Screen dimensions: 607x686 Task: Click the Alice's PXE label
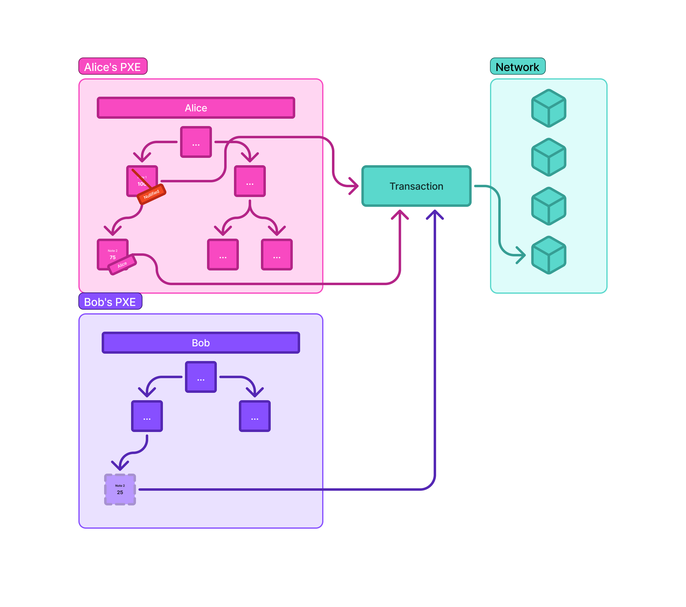point(112,66)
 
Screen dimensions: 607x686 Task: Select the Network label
point(517,66)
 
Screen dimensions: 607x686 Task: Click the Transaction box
point(416,186)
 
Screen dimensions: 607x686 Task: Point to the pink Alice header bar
point(196,108)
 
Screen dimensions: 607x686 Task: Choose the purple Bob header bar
point(200,342)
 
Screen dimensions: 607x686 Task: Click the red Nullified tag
point(151,194)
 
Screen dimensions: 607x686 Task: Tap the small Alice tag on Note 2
point(122,265)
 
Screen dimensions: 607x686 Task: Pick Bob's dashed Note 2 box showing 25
point(120,489)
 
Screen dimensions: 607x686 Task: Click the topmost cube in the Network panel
point(548,108)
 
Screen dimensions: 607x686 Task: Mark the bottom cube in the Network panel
point(548,255)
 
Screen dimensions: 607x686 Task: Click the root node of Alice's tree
point(196,142)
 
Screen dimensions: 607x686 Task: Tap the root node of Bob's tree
point(200,377)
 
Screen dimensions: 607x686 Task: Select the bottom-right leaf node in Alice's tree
point(277,255)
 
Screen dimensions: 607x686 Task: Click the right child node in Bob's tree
point(254,416)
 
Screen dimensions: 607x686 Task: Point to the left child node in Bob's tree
point(147,416)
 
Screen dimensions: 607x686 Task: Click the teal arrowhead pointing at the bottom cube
point(521,255)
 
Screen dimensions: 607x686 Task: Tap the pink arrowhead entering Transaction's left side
point(354,186)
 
